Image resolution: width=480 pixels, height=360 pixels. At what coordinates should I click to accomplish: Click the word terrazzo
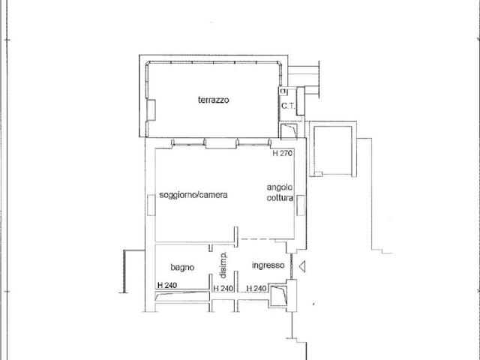[x=213, y=100]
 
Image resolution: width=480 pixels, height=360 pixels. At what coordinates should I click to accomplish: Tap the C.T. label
[x=288, y=106]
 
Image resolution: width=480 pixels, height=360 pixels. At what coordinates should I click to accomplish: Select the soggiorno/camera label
[x=193, y=195]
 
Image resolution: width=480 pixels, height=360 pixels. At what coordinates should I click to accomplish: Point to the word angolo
[x=280, y=187]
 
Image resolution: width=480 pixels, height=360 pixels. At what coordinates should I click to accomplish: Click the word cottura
[x=280, y=198]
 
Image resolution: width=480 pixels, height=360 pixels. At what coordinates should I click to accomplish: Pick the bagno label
[x=182, y=268]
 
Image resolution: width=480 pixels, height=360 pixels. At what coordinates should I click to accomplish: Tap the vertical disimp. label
[x=223, y=265]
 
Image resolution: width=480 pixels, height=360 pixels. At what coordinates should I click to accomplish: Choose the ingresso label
[x=268, y=265]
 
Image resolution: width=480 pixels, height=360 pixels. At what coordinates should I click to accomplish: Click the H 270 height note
[x=283, y=153]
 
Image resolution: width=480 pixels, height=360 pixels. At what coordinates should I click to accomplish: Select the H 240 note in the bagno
[x=167, y=285]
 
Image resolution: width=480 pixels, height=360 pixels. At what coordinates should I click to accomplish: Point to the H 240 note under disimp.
[x=223, y=288]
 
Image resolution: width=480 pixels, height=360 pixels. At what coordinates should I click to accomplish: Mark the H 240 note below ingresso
[x=256, y=288]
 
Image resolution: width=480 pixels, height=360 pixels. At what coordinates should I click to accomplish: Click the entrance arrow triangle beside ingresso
[x=302, y=266]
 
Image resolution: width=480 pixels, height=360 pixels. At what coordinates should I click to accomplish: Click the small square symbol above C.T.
[x=283, y=91]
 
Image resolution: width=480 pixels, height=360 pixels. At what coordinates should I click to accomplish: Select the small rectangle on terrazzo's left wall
[x=151, y=110]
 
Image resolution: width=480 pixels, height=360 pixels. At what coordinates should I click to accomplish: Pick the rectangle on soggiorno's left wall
[x=151, y=205]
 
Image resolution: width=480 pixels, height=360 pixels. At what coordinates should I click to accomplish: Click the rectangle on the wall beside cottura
[x=300, y=205]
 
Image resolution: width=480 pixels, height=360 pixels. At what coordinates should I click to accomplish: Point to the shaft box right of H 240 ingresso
[x=278, y=295]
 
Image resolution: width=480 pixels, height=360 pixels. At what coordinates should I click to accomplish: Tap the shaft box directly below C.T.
[x=289, y=130]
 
